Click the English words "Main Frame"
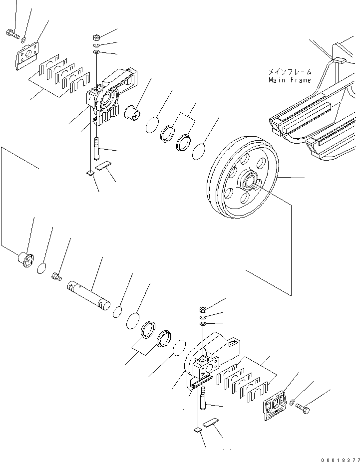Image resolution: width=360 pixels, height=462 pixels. coord(290,80)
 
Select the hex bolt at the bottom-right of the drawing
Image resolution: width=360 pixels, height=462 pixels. coord(303,409)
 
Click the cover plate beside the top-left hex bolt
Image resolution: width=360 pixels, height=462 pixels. coord(27,53)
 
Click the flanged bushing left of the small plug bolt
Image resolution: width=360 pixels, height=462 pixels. coord(24,260)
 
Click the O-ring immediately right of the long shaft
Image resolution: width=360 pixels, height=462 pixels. coord(118,312)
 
